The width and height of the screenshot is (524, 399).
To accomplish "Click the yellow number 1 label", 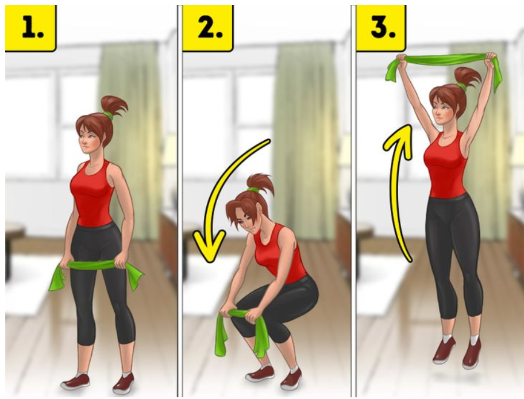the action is point(30,28).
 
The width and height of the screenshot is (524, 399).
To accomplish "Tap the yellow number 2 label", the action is point(207,28).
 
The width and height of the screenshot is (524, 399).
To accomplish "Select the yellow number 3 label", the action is point(382,28).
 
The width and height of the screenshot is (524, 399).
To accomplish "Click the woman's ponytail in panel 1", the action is point(115,105).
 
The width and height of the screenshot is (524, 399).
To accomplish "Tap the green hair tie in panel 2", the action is point(253,190).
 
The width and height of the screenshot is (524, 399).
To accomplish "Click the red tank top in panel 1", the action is point(93,194).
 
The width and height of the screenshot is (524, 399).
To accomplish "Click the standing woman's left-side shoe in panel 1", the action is point(75,382).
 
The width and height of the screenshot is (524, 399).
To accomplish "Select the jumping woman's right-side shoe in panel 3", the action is point(472,353).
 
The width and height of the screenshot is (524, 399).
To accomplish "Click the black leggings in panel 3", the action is point(453,254).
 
